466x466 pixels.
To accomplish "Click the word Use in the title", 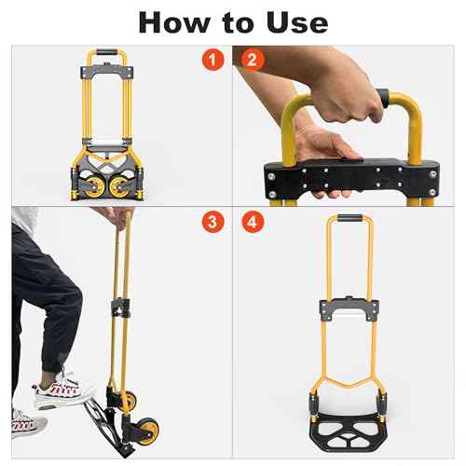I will coord(296,21).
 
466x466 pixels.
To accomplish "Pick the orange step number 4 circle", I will coord(251,223).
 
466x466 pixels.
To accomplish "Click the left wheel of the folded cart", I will coord(79,185).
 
